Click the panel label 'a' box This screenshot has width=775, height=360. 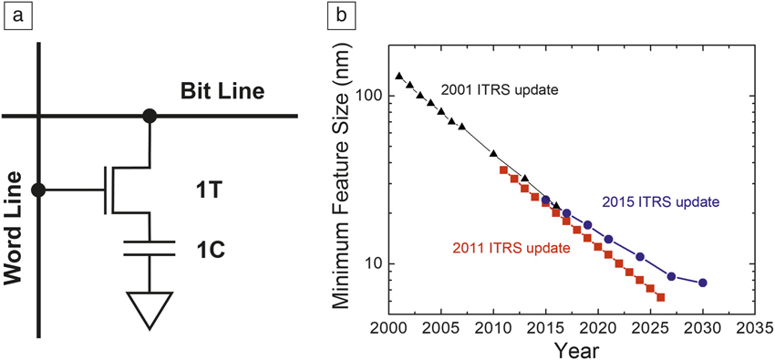coord(15,16)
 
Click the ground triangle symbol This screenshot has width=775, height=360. coord(149,310)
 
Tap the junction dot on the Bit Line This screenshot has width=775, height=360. coord(149,116)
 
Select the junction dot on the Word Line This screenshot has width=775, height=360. coord(38,190)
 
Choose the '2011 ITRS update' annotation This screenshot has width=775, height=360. coord(511,248)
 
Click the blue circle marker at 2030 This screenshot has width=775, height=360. coord(702,283)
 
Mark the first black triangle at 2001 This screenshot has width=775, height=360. coord(399,76)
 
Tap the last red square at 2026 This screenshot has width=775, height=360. coord(660,297)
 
